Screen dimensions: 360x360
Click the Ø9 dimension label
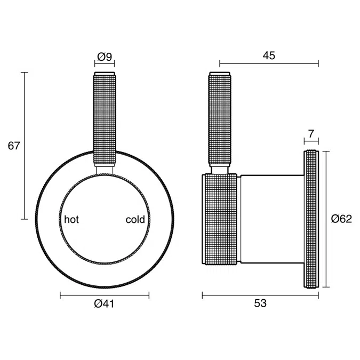104,56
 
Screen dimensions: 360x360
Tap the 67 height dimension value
13,146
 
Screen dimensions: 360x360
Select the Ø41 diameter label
104,304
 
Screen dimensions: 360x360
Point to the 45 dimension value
269,56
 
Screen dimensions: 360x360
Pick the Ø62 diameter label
341,219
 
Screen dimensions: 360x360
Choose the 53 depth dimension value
260,304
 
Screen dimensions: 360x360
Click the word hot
71,219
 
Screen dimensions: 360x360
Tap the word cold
135,219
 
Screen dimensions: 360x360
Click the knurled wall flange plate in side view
311,219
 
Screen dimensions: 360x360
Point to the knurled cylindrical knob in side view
219,219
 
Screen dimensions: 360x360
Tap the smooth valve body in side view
271,219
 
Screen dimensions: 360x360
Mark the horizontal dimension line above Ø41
104,294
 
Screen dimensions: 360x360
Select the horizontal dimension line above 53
260,294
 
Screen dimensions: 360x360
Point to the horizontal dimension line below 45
269,65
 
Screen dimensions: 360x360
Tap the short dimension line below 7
311,141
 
